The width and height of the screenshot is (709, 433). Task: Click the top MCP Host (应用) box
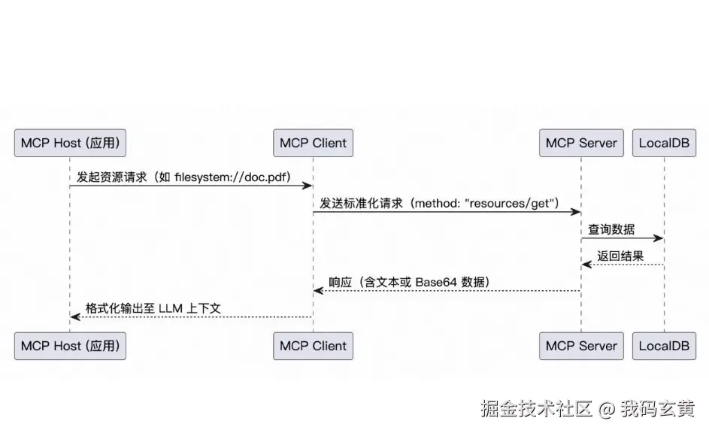(x=70, y=143)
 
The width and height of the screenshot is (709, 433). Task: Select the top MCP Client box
(x=313, y=143)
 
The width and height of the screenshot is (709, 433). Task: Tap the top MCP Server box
(x=581, y=143)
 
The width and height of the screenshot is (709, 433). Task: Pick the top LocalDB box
(x=664, y=143)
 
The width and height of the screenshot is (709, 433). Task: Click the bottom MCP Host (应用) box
(x=70, y=346)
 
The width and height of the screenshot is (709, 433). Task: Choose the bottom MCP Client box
(x=313, y=346)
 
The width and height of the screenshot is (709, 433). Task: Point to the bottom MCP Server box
(x=581, y=346)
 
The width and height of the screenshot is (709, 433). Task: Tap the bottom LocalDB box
(x=664, y=346)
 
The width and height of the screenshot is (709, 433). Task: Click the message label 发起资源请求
(x=112, y=177)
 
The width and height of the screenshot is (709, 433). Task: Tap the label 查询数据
(x=611, y=229)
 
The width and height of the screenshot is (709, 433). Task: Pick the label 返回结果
(x=620, y=256)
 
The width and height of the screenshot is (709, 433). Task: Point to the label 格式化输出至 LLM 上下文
(x=153, y=308)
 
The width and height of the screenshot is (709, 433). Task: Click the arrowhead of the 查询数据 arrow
(x=659, y=238)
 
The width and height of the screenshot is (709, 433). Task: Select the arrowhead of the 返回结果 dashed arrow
(x=586, y=265)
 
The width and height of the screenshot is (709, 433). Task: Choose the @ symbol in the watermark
(x=607, y=409)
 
